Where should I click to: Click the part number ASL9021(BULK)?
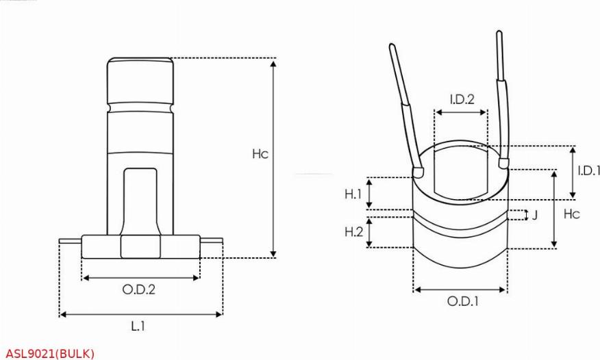(49, 353)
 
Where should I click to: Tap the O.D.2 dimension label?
(139, 290)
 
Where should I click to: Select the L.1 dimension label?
(138, 326)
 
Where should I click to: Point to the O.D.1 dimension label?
(462, 302)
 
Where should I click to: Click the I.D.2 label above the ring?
(462, 99)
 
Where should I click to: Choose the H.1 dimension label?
(353, 194)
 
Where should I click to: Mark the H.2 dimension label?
(353, 232)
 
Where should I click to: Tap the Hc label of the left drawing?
(260, 155)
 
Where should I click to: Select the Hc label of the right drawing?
(571, 214)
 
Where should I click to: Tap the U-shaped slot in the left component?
(140, 198)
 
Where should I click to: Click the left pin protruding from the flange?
(70, 241)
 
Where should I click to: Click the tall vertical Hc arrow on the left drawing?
(274, 157)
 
